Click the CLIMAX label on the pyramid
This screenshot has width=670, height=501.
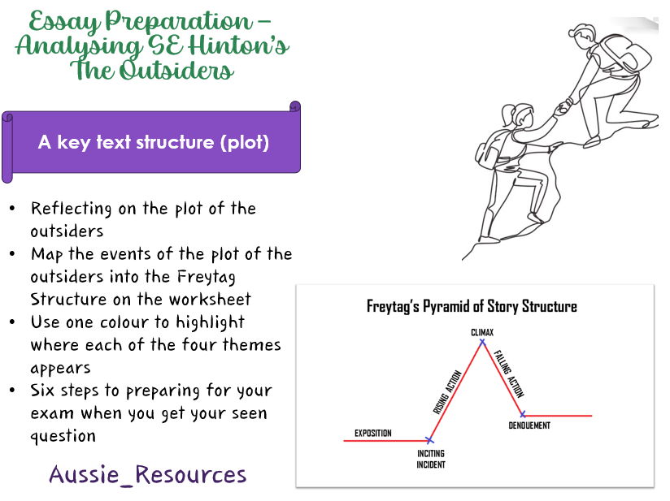point(482,332)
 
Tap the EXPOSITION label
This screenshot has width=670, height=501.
point(373,433)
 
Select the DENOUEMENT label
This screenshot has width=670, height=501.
point(529,425)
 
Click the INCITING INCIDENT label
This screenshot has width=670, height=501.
point(431,459)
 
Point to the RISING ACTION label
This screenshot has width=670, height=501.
point(447,392)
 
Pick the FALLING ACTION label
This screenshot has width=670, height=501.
point(509,374)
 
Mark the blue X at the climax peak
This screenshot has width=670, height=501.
point(482,342)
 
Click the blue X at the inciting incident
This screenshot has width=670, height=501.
point(430,440)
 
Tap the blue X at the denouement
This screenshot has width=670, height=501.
point(523,414)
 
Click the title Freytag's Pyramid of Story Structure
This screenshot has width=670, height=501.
point(472,306)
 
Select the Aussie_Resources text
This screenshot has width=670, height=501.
point(148,474)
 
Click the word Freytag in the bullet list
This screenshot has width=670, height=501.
point(207,278)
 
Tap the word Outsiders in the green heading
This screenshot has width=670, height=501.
point(176,70)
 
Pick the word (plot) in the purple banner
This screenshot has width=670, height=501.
point(245,143)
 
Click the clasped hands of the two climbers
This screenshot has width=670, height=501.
point(563,108)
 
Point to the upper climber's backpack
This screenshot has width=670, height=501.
point(626,54)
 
